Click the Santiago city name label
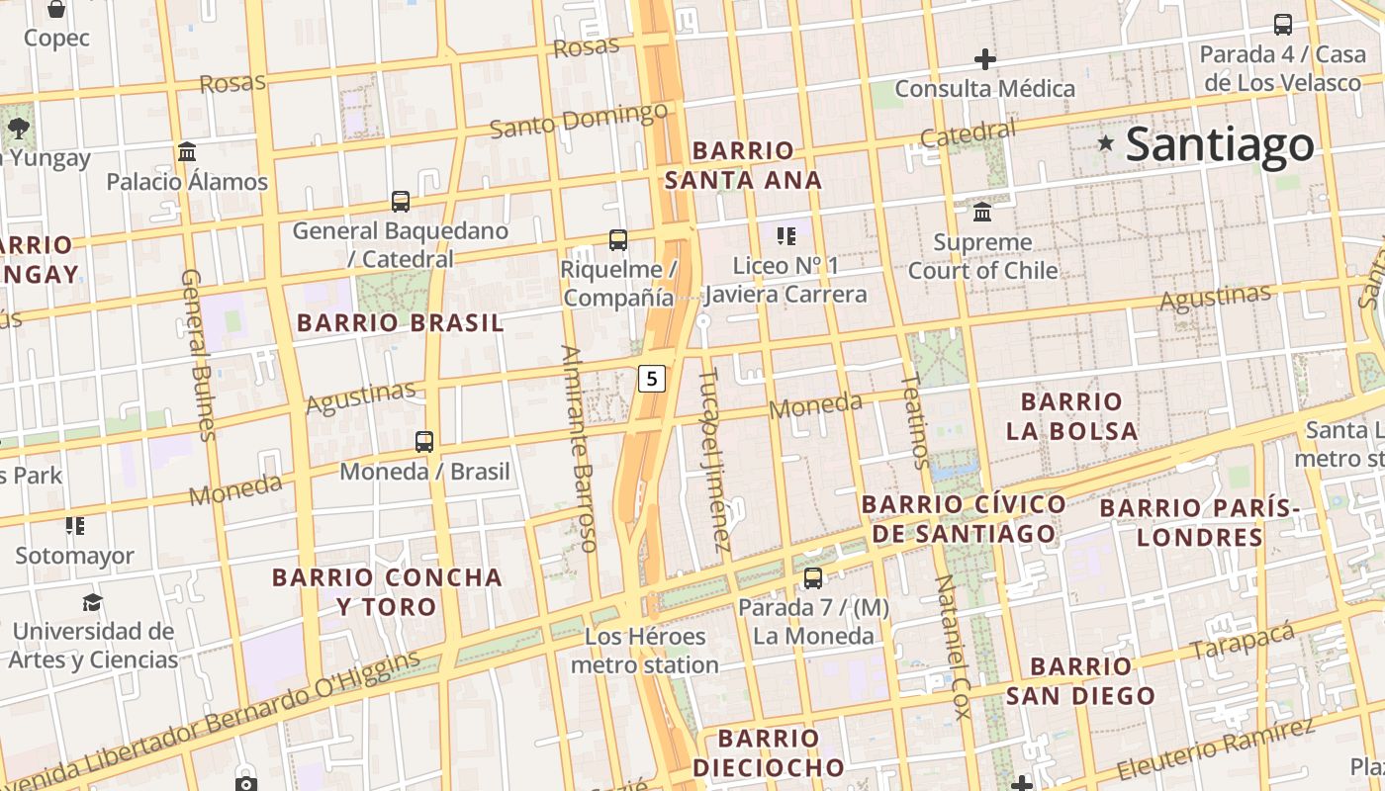point(1220,144)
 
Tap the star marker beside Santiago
point(1106,144)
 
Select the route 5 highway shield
point(651,378)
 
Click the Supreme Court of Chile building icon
point(982,212)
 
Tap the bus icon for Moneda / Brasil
point(424,441)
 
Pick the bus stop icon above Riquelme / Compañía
point(618,239)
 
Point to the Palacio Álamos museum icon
point(187,151)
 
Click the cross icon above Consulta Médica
point(984,59)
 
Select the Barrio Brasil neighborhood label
point(400,322)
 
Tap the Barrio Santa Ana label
point(743,165)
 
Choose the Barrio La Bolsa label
point(1071,416)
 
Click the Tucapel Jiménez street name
point(714,460)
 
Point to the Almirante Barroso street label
point(579,448)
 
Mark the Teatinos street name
point(915,421)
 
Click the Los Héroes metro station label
point(645,651)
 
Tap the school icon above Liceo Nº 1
point(786,235)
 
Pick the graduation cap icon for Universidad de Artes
point(92,602)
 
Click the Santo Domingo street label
point(579,121)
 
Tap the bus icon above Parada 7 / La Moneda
point(812,577)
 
